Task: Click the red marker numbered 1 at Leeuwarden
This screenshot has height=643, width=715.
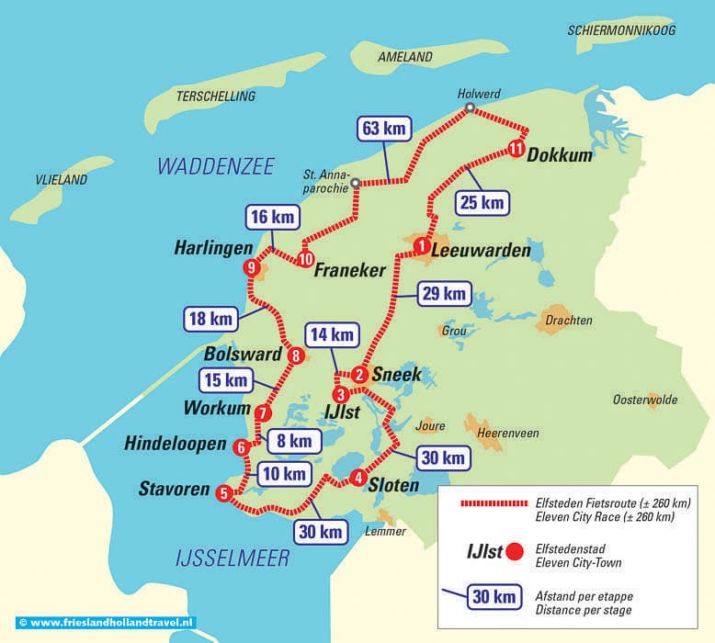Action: (x=422, y=245)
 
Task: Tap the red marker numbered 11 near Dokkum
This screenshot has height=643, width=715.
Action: (x=516, y=148)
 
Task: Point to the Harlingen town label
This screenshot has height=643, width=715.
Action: (x=212, y=248)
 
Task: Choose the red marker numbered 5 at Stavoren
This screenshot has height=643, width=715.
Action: (x=224, y=493)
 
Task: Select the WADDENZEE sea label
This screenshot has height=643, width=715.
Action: (x=216, y=166)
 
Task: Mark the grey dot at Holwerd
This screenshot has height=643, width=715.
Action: (x=470, y=108)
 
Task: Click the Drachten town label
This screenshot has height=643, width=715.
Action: (x=569, y=321)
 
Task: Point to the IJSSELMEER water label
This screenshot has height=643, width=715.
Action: (x=232, y=558)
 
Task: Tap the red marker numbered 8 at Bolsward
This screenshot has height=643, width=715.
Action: (x=295, y=355)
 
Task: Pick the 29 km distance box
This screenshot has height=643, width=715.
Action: (x=443, y=294)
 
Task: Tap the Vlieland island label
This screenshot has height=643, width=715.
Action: (x=62, y=180)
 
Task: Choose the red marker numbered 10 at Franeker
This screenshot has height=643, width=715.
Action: (x=304, y=258)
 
